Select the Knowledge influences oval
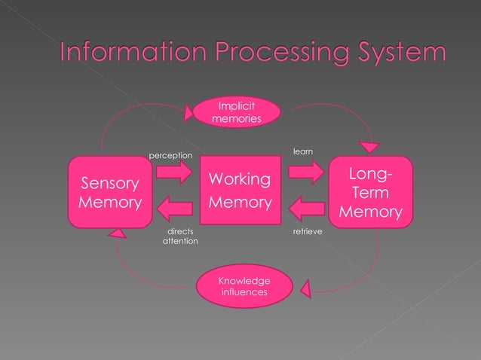(x=243, y=286)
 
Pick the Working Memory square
(x=240, y=191)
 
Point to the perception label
(x=171, y=155)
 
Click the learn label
(x=302, y=153)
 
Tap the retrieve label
(x=306, y=232)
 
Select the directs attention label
(x=179, y=236)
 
